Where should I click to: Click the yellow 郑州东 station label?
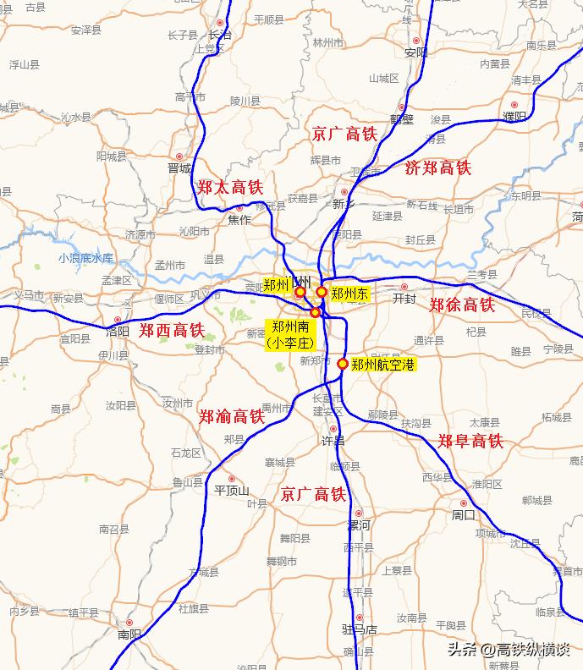(x=349, y=294)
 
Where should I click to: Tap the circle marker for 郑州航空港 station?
(x=343, y=365)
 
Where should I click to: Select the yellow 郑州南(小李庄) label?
(x=289, y=335)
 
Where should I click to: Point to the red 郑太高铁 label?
(x=230, y=187)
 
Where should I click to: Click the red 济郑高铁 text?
(x=437, y=167)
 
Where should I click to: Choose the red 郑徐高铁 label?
(x=462, y=305)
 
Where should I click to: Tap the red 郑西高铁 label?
(x=172, y=330)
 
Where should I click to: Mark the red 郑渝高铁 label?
(x=232, y=416)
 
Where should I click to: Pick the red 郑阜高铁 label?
(x=470, y=441)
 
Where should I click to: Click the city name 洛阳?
(x=118, y=332)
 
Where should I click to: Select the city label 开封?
(x=404, y=299)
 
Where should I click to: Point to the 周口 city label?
(x=464, y=514)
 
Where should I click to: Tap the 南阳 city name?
(x=129, y=634)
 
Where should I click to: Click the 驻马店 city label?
(x=359, y=629)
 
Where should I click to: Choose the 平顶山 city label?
(x=231, y=490)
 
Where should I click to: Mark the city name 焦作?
(x=239, y=219)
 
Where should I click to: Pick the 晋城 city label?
(x=179, y=167)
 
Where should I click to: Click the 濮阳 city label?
(x=514, y=116)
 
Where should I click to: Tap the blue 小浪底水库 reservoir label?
(x=86, y=257)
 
